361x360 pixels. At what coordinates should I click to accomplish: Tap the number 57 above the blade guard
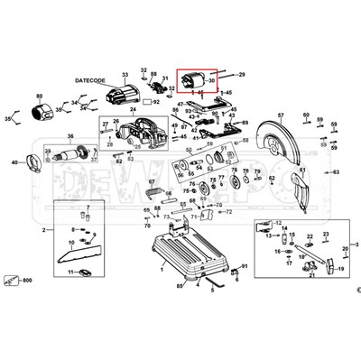click(x=280, y=116)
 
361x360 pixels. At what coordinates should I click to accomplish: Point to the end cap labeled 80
click(x=42, y=114)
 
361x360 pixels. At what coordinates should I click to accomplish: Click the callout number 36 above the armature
click(x=69, y=136)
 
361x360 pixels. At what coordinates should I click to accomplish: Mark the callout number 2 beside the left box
click(x=42, y=232)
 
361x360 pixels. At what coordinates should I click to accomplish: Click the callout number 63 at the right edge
click(x=336, y=171)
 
